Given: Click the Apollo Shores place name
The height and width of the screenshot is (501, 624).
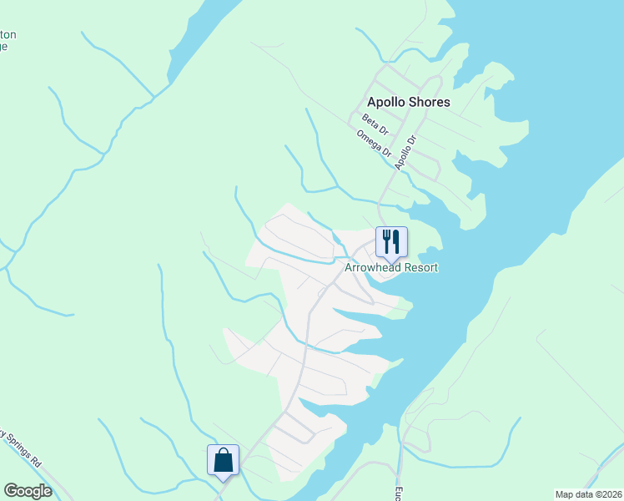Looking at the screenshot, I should (x=408, y=102).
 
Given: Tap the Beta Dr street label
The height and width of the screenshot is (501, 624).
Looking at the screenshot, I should (x=375, y=125).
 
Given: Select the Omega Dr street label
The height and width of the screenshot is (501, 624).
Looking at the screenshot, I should (x=374, y=144).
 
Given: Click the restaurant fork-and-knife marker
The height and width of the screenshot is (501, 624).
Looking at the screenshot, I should (x=390, y=242).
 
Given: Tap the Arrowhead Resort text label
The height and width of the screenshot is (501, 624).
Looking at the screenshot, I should (x=391, y=267).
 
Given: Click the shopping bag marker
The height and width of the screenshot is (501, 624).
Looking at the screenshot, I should (x=223, y=460).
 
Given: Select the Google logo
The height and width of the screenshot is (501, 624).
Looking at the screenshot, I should (x=28, y=491).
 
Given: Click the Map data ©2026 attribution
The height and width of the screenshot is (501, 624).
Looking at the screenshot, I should (x=588, y=493).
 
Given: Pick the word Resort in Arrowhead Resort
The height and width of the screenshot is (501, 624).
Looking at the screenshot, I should (x=421, y=267).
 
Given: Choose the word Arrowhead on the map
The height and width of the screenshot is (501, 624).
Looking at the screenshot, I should (x=374, y=267).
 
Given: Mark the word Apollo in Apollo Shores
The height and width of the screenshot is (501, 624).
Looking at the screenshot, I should (x=386, y=102).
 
